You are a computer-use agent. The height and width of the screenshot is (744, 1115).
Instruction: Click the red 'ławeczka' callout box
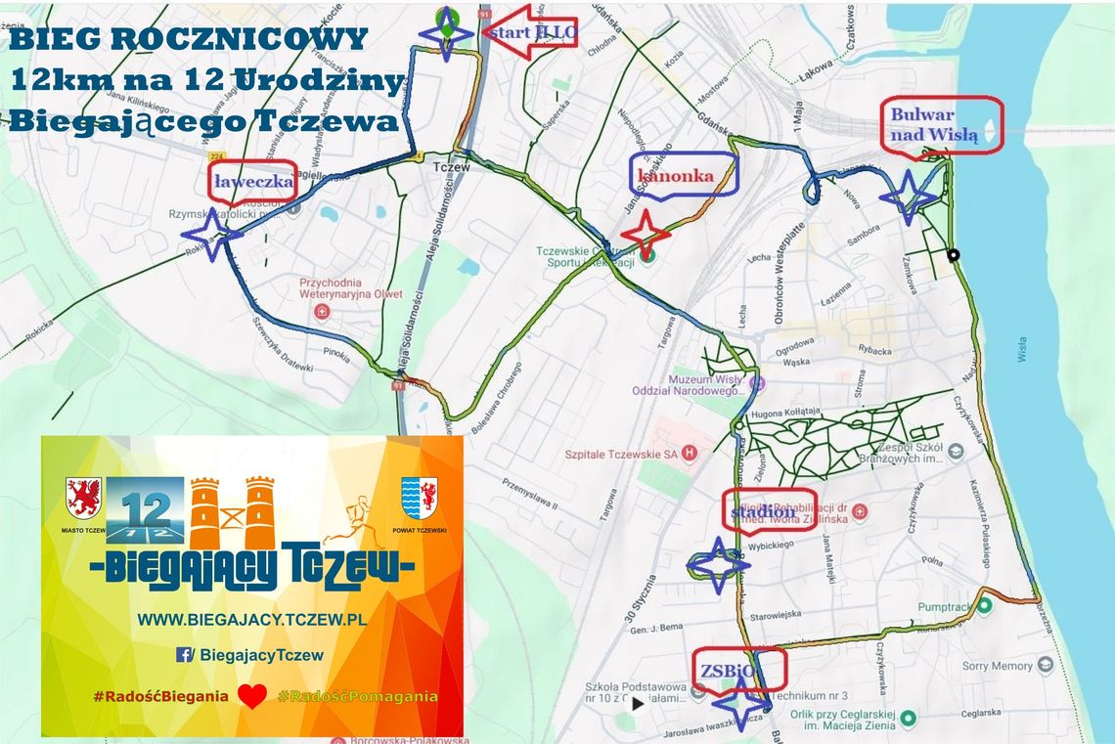click(x=253, y=181)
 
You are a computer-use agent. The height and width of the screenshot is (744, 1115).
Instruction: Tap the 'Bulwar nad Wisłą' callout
click(x=941, y=125)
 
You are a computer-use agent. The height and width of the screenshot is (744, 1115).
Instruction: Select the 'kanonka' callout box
click(x=683, y=175)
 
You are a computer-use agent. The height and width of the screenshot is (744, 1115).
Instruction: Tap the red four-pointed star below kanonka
click(x=646, y=236)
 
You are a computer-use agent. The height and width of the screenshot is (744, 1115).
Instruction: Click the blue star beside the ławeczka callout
click(x=211, y=234)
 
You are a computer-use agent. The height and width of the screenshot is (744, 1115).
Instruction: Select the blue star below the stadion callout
click(x=718, y=564)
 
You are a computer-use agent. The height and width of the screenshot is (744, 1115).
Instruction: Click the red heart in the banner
click(x=252, y=696)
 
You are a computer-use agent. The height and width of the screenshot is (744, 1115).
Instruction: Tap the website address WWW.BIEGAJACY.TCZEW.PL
click(x=251, y=619)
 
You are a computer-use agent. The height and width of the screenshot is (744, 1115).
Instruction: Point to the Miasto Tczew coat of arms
click(x=83, y=498)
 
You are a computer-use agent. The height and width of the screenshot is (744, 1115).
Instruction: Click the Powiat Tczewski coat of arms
click(x=419, y=497)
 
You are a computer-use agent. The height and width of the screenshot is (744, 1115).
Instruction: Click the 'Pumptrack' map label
click(x=945, y=607)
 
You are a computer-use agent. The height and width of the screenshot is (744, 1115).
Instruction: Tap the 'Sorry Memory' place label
click(x=997, y=666)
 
